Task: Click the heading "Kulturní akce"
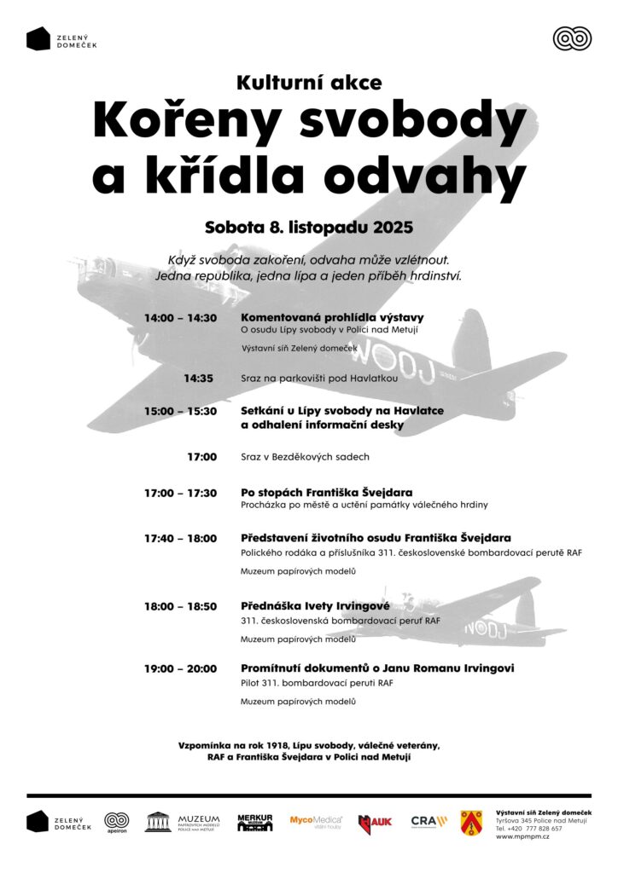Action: pyautogui.click(x=309, y=83)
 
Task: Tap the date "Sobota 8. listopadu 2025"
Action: pyautogui.click(x=309, y=228)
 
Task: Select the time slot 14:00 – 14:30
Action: pyautogui.click(x=180, y=318)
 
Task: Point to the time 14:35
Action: pyautogui.click(x=198, y=378)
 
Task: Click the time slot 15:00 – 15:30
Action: pyautogui.click(x=180, y=411)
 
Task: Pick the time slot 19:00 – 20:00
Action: pyautogui.click(x=180, y=668)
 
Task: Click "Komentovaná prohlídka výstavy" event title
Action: pyautogui.click(x=332, y=317)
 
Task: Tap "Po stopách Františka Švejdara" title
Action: pyautogui.click(x=327, y=493)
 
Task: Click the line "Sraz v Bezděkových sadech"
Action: pyautogui.click(x=305, y=457)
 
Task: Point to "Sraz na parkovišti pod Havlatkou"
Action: pyautogui.click(x=319, y=378)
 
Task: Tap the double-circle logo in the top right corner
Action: pyautogui.click(x=572, y=38)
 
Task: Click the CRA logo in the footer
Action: pyautogui.click(x=429, y=821)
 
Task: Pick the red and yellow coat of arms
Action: pyautogui.click(x=471, y=822)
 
